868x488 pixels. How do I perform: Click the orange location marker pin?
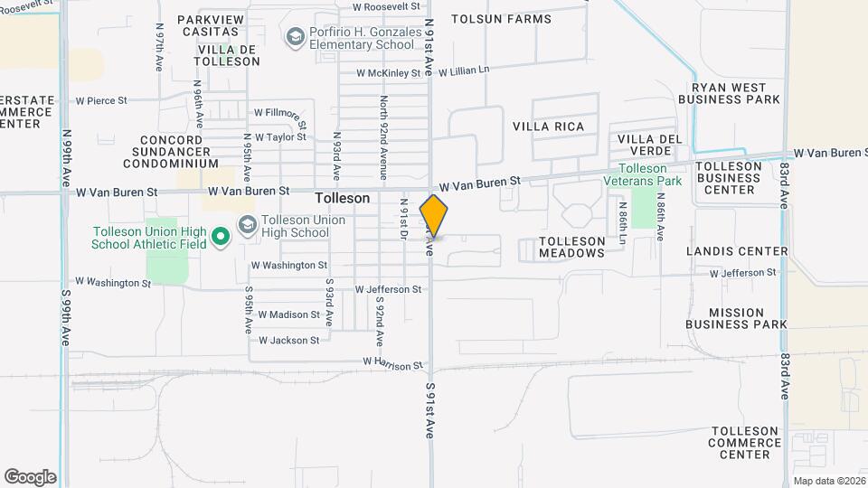pyautogui.click(x=434, y=216)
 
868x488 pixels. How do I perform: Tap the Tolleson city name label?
pyautogui.click(x=342, y=198)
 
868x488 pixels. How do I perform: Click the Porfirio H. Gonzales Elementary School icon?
pyautogui.click(x=295, y=37)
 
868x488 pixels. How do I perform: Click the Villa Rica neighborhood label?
pyautogui.click(x=561, y=127)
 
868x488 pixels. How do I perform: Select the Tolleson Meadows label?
pyautogui.click(x=571, y=248)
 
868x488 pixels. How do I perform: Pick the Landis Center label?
pyautogui.click(x=737, y=251)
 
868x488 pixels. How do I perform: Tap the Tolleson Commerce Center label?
pyautogui.click(x=744, y=442)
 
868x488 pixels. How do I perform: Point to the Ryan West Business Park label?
pyautogui.click(x=728, y=92)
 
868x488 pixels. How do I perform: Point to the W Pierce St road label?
pyautogui.click(x=101, y=100)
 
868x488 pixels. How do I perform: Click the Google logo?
pyautogui.click(x=30, y=477)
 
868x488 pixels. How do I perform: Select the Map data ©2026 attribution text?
pyautogui.click(x=829, y=481)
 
